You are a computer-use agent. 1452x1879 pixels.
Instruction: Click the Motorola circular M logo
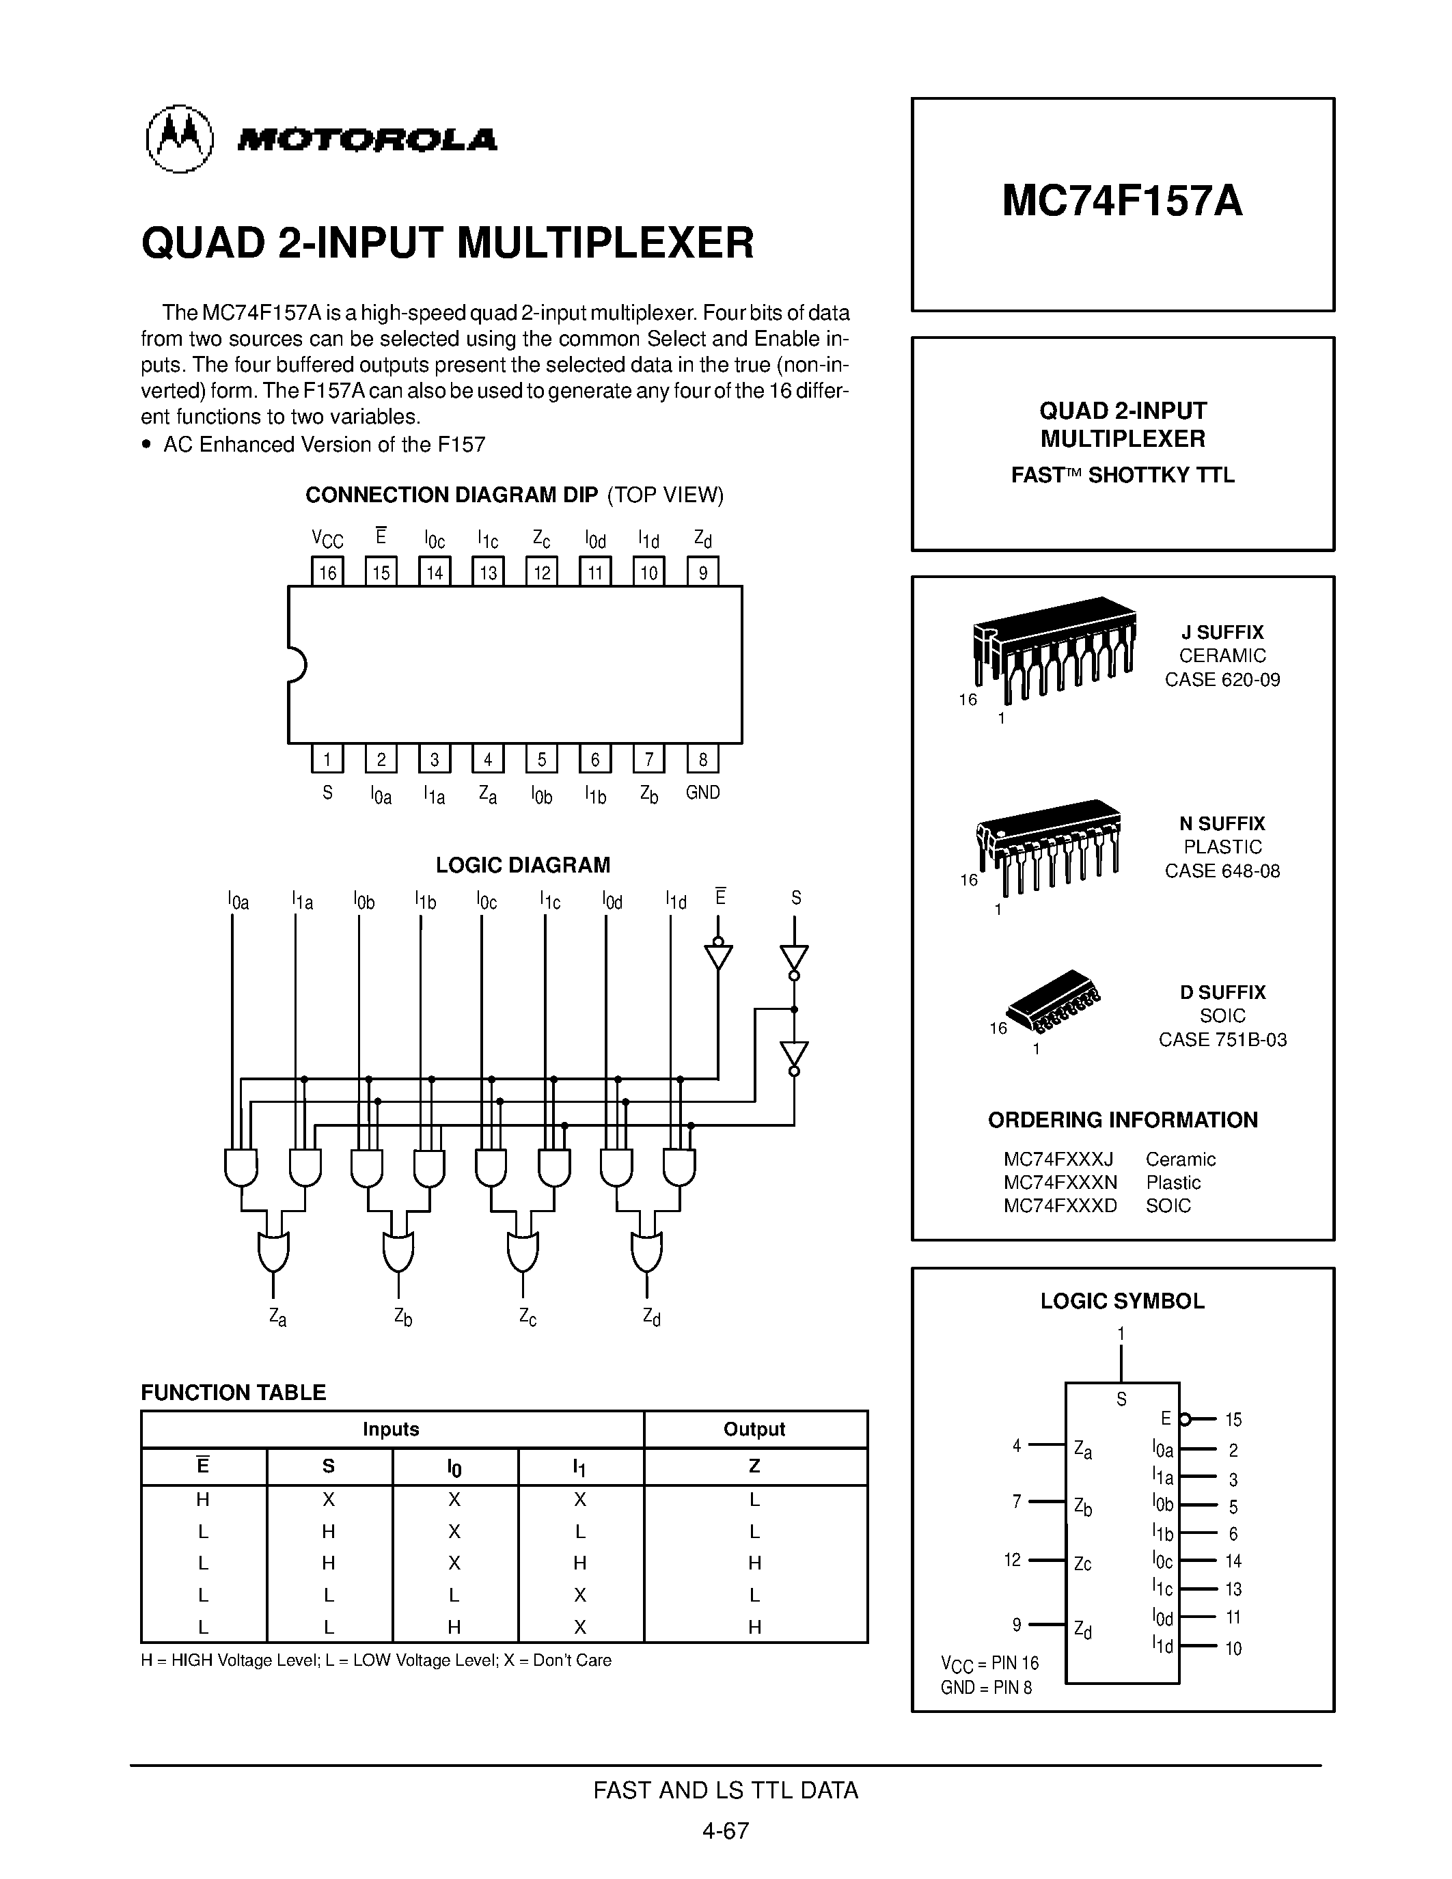click(x=179, y=139)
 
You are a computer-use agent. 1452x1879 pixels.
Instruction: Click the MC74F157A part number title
click(x=1122, y=202)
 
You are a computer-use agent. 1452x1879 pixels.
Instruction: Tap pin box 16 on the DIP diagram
click(x=327, y=572)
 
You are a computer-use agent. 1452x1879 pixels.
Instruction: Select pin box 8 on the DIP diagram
click(x=703, y=759)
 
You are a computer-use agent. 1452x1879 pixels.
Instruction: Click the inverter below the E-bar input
click(x=718, y=957)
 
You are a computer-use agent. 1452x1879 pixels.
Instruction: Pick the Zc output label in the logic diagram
click(x=528, y=1317)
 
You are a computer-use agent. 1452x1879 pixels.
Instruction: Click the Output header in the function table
click(x=754, y=1429)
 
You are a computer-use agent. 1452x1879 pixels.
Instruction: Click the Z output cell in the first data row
click(x=754, y=1500)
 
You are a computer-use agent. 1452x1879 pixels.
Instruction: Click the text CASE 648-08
click(x=1222, y=870)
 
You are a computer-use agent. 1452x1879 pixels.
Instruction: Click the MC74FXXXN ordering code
click(x=1060, y=1182)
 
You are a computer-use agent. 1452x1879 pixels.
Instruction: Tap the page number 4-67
click(x=725, y=1830)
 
